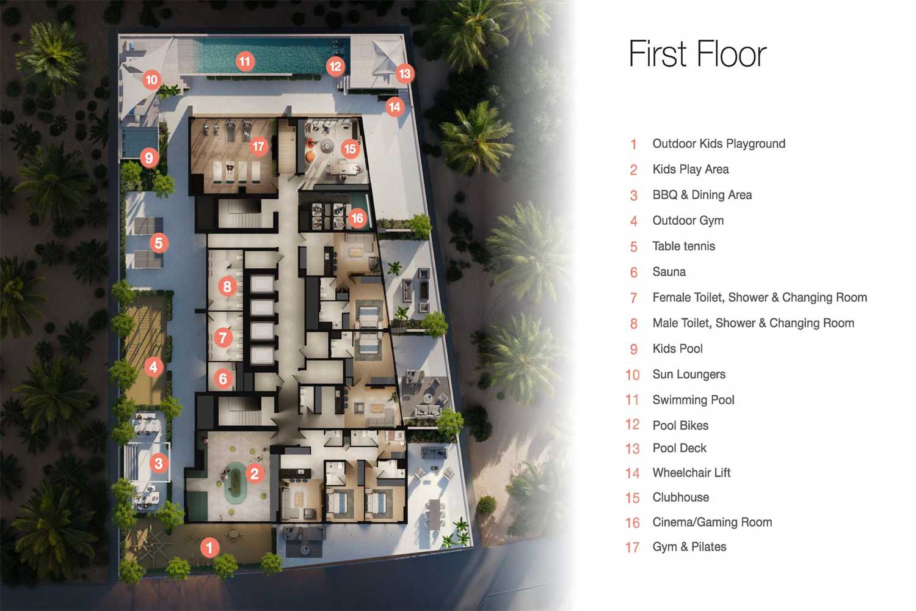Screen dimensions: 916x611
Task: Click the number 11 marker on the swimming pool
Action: (x=245, y=62)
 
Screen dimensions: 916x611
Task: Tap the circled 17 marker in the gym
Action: (x=258, y=147)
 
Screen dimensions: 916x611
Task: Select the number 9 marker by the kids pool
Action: (x=149, y=158)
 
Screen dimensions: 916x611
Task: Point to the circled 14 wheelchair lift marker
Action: (x=394, y=107)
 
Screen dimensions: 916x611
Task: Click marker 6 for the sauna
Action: (x=223, y=379)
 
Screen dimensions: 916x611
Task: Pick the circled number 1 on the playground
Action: (x=209, y=547)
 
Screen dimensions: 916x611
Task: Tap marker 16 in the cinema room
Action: (x=357, y=218)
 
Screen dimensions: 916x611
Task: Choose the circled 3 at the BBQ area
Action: (x=159, y=463)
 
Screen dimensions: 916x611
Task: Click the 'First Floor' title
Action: (x=697, y=54)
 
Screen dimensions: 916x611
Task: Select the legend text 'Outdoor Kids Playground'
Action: (x=719, y=144)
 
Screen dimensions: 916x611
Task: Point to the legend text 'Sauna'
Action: (x=669, y=272)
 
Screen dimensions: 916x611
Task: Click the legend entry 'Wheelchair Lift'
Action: (x=691, y=473)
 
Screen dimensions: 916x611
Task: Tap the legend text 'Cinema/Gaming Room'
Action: (x=713, y=522)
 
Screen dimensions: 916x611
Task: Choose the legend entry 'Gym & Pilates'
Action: (x=689, y=547)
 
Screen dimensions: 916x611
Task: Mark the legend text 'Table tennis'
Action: (x=684, y=246)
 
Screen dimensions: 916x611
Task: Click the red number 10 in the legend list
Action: (x=633, y=375)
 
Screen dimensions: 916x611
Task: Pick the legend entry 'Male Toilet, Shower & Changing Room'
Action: (x=753, y=323)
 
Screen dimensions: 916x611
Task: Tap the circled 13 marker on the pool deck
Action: (x=405, y=74)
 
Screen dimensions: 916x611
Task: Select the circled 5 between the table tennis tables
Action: (x=159, y=243)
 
